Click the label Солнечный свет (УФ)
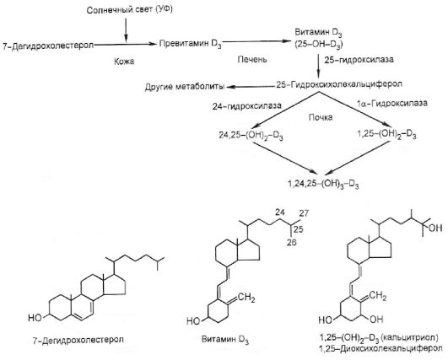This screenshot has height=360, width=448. pos(129,10)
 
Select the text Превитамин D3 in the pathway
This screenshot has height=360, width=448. pos(191,44)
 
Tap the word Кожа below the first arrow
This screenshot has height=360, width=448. pos(124,62)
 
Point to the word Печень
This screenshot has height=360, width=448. pos(252,59)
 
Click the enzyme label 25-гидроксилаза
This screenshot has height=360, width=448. pos(359,60)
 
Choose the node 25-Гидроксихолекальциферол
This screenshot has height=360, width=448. pos(339,84)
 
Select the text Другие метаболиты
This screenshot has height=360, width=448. pos(185,87)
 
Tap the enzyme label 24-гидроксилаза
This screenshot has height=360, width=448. pos(247,106)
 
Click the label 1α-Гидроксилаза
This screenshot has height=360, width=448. pos(392,103)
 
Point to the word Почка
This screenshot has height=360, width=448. pos(321,118)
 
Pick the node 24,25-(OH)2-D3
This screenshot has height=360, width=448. pos(251,136)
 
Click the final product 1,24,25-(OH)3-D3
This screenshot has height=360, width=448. pos(324,184)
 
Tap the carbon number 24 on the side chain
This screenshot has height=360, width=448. pos(280,212)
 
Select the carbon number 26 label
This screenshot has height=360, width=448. pos(292,242)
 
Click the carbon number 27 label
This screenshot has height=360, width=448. pos(304,213)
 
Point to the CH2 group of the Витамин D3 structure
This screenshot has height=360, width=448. pos(246,298)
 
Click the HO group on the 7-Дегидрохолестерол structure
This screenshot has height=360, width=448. pos(35,318)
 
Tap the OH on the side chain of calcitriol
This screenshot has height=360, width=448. pos(435,228)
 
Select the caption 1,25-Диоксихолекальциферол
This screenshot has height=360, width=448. pos(381,348)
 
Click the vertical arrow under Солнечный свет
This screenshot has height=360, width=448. pos(126,30)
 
